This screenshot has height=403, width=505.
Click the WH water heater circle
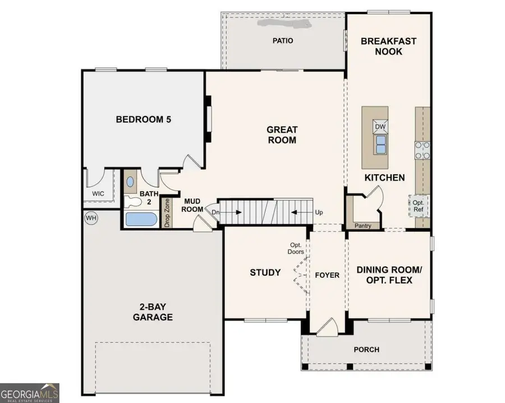[90, 218]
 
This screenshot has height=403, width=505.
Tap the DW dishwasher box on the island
[380, 126]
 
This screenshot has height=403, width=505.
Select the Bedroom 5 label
[143, 119]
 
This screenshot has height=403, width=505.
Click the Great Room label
[281, 135]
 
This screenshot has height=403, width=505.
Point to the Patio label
[283, 40]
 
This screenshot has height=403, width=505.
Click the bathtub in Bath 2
[142, 219]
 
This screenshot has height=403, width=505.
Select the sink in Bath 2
[131, 182]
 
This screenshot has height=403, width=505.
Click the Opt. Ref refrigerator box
[419, 206]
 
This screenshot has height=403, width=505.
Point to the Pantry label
[363, 225]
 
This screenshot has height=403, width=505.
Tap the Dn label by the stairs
[215, 212]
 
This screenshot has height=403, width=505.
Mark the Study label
[265, 273]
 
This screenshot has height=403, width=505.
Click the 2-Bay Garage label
[153, 312]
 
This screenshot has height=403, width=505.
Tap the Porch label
[366, 350]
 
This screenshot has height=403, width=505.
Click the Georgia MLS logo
[30, 392]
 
